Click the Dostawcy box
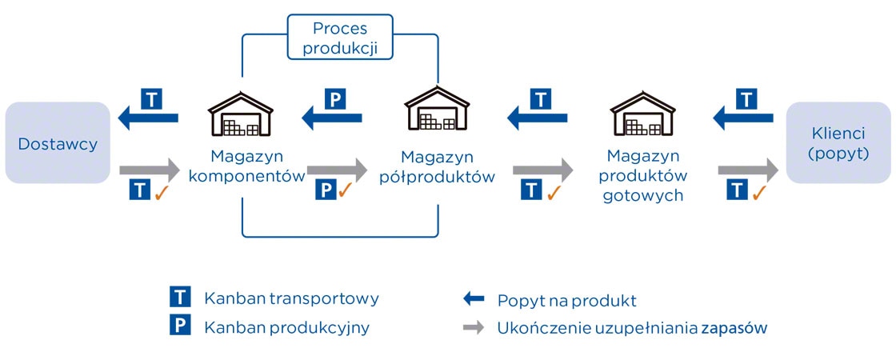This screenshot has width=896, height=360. [58, 143]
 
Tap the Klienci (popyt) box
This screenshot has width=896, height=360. [839, 143]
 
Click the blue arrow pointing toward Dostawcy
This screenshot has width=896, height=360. [149, 119]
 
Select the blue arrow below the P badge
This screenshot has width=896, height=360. [332, 119]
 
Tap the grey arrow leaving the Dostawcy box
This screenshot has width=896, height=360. [149, 170]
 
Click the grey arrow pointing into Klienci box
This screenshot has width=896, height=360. [748, 170]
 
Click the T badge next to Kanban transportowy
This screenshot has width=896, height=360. [181, 298]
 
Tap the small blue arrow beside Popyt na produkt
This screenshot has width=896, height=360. [474, 299]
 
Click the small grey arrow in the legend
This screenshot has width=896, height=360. [474, 326]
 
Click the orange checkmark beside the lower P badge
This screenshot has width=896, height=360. [346, 190]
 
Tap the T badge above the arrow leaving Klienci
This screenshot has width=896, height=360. [746, 98]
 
